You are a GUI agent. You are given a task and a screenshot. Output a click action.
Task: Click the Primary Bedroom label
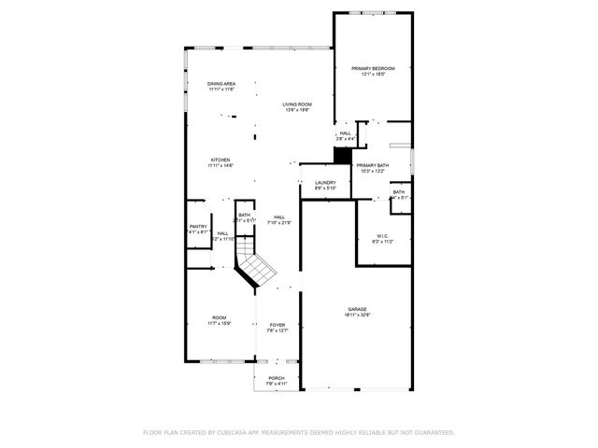pos(373,68)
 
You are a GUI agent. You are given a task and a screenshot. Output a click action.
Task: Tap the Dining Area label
pos(221,84)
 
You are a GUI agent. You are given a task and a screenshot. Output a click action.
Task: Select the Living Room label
pos(297,104)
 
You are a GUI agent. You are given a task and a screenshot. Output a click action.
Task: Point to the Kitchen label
pos(221,160)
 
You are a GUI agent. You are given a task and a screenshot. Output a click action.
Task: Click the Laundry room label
pos(325,182)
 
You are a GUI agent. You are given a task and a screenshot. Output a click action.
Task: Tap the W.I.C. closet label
pos(383,235)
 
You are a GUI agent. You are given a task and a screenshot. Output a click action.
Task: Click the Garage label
pos(357,309)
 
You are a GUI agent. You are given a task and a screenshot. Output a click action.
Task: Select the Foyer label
pos(278,325)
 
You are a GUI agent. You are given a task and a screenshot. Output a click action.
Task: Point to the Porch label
pos(277,378)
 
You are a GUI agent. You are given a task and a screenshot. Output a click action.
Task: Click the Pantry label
pos(198,226)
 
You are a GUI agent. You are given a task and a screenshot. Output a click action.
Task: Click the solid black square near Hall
pos(341,158)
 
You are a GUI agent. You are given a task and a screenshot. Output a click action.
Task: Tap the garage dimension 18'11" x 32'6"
pos(357,315)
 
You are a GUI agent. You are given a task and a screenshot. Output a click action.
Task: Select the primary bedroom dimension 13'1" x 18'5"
pos(373,75)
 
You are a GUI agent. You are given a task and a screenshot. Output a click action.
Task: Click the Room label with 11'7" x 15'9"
pos(220,317)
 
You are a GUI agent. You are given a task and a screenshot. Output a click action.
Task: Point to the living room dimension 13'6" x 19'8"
pos(297,110)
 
